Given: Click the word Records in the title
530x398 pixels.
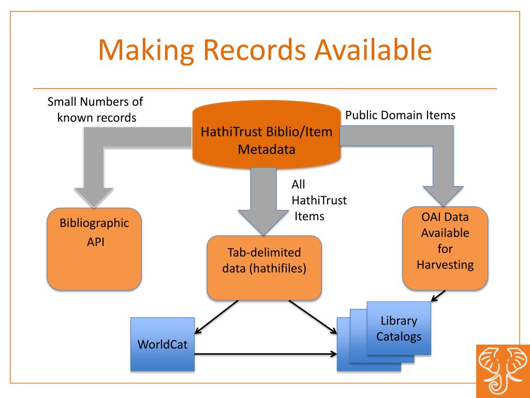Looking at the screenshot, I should (x=243, y=50).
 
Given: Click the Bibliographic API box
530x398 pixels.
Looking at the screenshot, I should (x=94, y=249).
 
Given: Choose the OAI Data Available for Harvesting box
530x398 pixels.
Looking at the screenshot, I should (x=445, y=248).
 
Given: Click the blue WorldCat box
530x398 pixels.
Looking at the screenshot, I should (x=163, y=344).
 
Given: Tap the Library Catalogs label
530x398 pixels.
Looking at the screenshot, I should (x=399, y=329).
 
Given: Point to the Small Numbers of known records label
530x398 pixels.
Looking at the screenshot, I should (x=95, y=110).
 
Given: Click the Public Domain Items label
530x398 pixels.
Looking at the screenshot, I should (x=400, y=115).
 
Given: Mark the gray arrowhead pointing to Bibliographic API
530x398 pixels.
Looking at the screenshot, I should (x=94, y=196).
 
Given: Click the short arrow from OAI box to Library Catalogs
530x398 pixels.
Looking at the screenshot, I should (x=438, y=295).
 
